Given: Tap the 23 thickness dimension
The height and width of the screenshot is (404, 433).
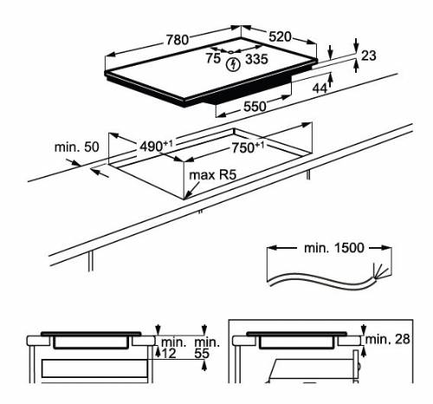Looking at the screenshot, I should (368, 55).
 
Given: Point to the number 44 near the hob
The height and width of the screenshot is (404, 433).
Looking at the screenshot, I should (319, 88).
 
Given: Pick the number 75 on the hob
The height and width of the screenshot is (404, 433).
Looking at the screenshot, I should (213, 59).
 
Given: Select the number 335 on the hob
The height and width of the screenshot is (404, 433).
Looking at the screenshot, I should (256, 59).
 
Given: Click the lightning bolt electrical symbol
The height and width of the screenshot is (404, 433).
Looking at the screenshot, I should (232, 64).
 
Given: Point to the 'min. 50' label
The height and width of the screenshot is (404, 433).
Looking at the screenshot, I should (77, 147).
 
